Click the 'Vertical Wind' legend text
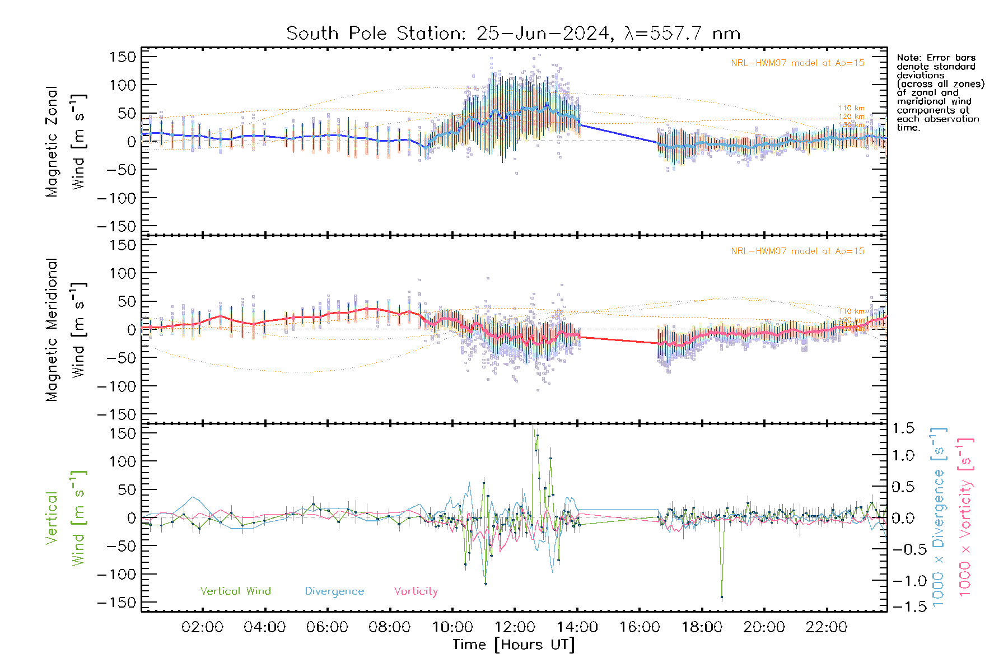[235, 591]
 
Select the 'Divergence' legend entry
[334, 591]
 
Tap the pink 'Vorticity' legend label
[416, 591]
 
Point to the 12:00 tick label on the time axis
[515, 627]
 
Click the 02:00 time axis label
[203, 627]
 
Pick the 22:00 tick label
[827, 627]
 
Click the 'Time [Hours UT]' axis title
[514, 645]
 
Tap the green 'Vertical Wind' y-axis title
[65, 518]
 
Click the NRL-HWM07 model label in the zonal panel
[797, 63]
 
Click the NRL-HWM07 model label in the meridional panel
[797, 251]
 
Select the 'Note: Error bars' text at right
[936, 58]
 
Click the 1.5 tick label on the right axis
[903, 428]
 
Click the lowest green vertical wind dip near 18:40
[722, 597]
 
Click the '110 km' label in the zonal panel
[851, 108]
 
